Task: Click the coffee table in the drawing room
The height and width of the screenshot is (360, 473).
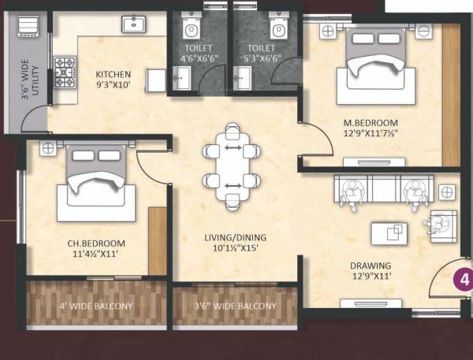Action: tap(389, 232)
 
